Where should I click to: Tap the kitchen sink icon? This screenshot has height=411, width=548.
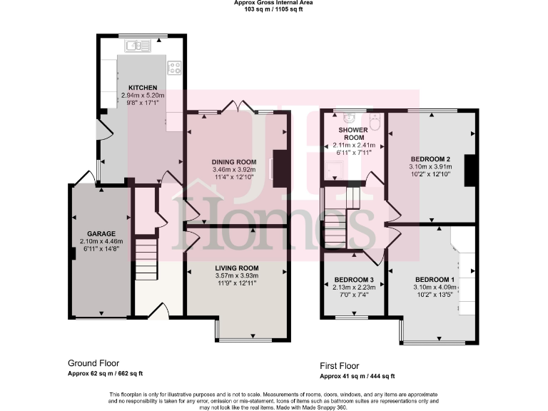point(136,47)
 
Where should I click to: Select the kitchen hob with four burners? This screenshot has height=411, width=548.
point(173,68)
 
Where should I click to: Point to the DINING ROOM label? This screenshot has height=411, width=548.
point(233,162)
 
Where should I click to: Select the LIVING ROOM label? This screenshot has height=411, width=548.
point(238,268)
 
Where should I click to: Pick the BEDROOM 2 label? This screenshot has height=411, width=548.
point(430,158)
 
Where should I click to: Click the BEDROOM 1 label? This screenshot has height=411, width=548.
point(434,279)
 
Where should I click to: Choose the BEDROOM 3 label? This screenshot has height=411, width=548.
point(353,279)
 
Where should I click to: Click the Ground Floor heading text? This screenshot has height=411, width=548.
point(93,362)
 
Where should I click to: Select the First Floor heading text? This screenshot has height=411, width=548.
point(345,365)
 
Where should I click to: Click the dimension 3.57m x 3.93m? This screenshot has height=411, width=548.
point(238,276)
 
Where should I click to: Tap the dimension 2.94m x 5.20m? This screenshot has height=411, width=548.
point(142,95)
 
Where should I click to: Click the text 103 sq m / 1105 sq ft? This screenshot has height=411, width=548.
point(273,10)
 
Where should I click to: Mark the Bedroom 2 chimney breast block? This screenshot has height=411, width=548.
point(470,168)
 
